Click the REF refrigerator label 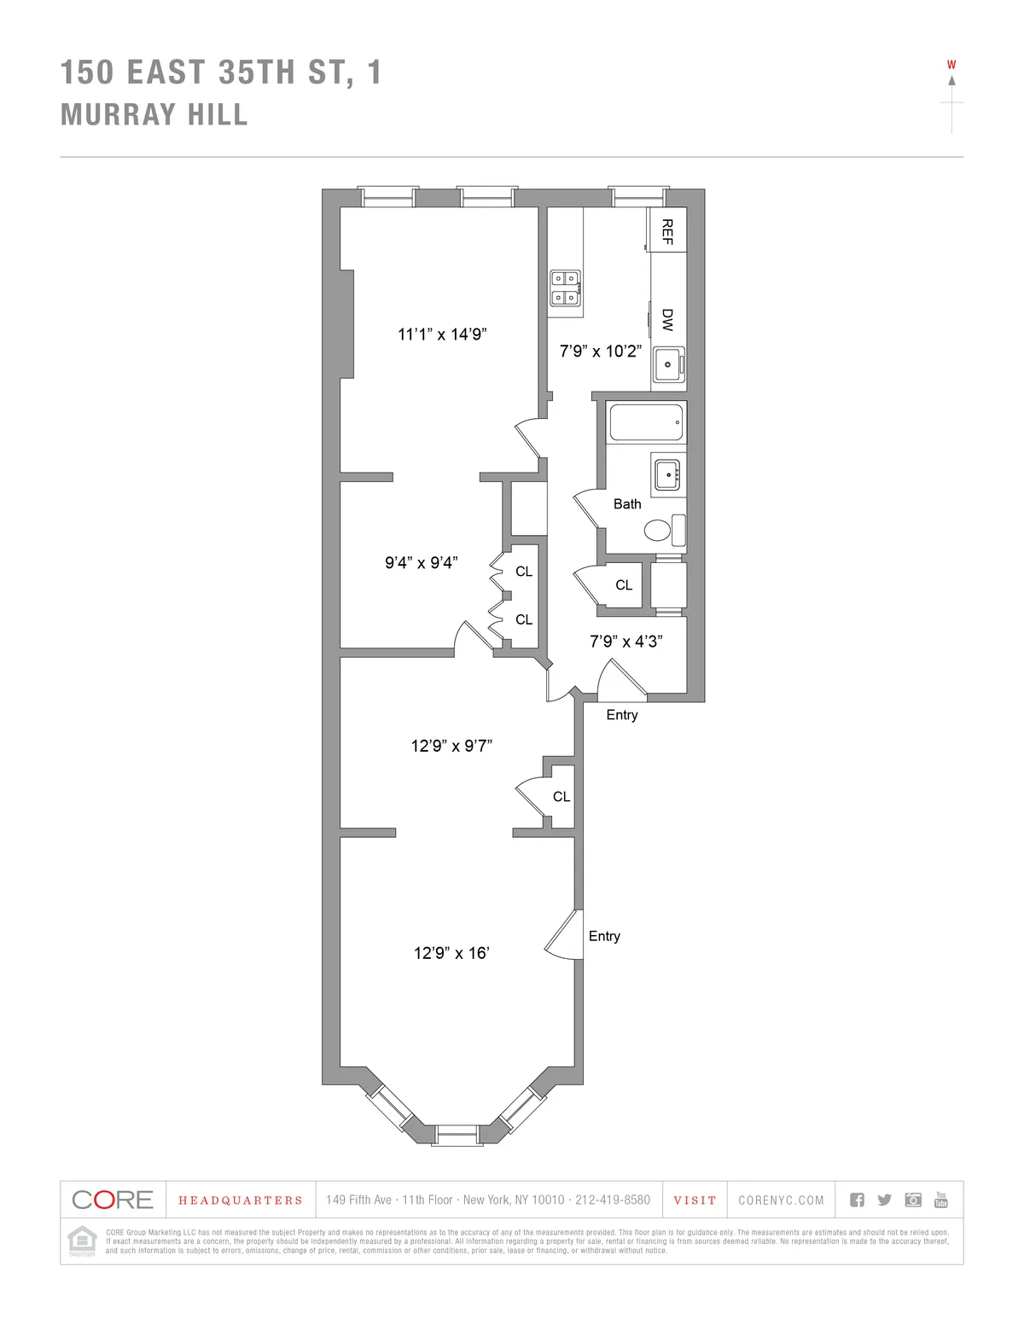coord(667,231)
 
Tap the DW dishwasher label coord(667,320)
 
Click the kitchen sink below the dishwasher coord(669,364)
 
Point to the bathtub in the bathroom coord(646,422)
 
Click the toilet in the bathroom coord(658,531)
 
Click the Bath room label coord(627,504)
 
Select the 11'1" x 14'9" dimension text coord(442,334)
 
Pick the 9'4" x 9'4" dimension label coord(422,563)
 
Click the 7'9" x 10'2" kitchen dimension coord(601,351)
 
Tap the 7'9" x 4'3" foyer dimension coord(626,642)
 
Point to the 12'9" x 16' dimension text coord(451,953)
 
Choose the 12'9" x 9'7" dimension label coord(451,746)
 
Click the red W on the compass coord(951,65)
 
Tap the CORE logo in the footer coord(113,1200)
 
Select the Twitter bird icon coord(885,1200)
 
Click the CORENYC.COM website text coord(781,1200)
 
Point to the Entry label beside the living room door coord(604,936)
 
